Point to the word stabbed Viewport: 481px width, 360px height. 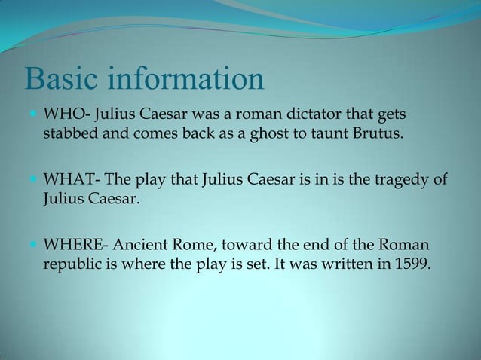pyautogui.click(x=68, y=136)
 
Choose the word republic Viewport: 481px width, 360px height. pyautogui.click(x=69, y=266)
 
